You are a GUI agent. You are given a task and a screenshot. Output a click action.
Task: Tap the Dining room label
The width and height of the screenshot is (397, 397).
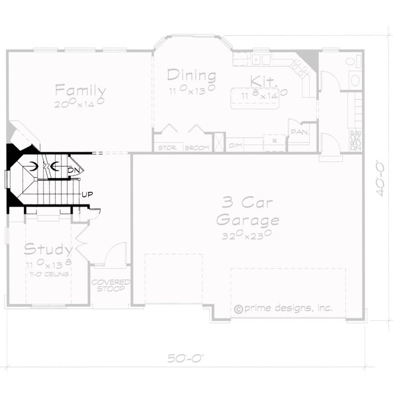191,74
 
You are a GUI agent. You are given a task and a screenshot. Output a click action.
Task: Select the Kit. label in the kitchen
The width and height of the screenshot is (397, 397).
258,81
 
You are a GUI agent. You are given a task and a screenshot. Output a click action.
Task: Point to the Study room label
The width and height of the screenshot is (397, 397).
48,249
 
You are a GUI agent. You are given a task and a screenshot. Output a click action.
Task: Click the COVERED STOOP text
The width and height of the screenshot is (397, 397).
110,286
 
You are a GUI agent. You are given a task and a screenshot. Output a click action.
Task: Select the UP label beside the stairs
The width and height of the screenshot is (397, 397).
86,195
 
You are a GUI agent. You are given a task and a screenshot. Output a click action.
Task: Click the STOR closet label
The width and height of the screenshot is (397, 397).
167,147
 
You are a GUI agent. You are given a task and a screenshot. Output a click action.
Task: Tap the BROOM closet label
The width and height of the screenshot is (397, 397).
197,147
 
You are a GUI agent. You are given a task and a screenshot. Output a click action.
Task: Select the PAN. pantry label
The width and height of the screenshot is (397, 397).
299,132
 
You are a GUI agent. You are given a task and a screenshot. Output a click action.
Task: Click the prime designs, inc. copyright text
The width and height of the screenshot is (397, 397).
283,308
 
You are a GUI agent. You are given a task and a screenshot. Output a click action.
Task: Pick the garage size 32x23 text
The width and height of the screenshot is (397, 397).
246,234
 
